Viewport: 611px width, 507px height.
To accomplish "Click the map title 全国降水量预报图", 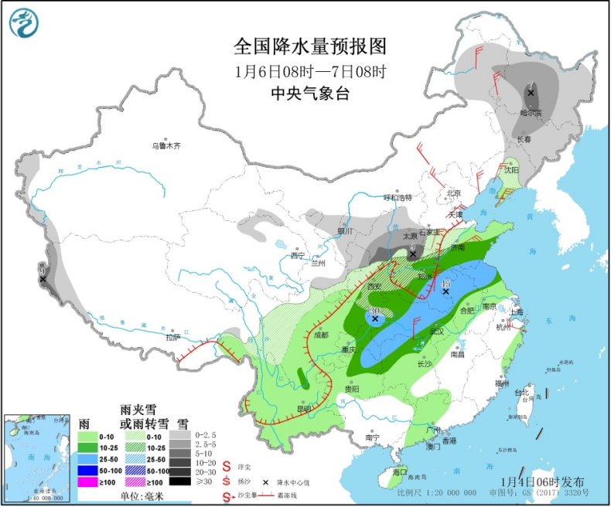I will [x=309, y=47].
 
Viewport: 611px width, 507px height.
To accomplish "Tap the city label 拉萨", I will [x=172, y=336].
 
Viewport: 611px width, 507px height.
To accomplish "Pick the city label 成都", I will [x=322, y=335].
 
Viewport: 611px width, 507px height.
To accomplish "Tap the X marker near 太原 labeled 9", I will [x=413, y=253].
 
